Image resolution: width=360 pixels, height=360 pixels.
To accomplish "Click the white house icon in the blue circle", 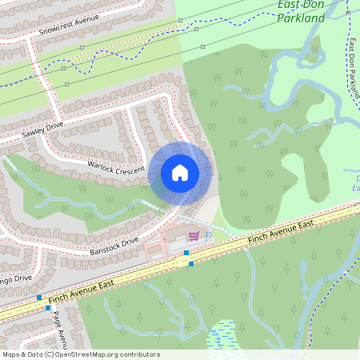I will point(180,173).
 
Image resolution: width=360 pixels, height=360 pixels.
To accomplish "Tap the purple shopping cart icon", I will point(194,236).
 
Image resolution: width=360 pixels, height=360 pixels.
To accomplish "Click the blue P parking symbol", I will point(209,236).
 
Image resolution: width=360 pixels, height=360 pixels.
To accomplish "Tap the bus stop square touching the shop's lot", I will point(186,253).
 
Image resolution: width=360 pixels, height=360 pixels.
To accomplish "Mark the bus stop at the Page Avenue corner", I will point(48,307).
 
